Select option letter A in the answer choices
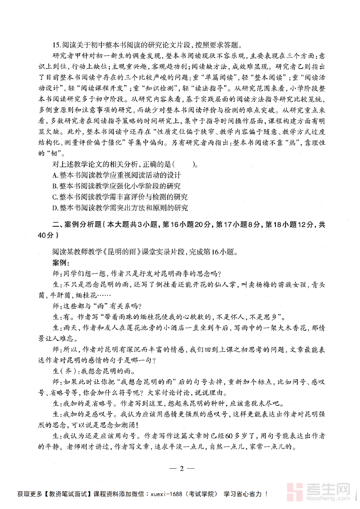click(x=55, y=175)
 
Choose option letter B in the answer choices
click(x=55, y=186)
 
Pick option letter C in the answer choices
click(x=55, y=197)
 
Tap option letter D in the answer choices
click(x=55, y=208)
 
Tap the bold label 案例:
click(x=60, y=263)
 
